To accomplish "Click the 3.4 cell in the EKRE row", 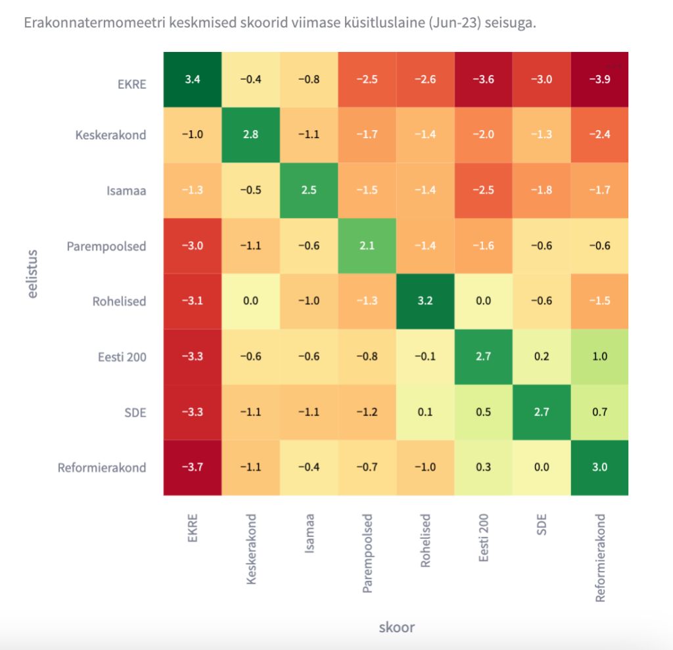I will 192,80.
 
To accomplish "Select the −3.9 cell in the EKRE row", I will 599,80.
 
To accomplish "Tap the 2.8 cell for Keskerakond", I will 250,135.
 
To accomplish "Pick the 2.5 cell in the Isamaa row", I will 308,191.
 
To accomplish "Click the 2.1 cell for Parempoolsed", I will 367,246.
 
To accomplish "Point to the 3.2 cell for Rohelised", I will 425,301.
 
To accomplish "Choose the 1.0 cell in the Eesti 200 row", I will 599,357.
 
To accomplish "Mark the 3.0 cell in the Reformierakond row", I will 599,467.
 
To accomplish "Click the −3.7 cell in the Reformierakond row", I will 192,467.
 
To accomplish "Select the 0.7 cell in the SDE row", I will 599,412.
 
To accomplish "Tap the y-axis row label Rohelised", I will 119,302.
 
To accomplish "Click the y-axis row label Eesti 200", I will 120,357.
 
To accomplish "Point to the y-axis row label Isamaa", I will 126,191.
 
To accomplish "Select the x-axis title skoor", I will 396,626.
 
